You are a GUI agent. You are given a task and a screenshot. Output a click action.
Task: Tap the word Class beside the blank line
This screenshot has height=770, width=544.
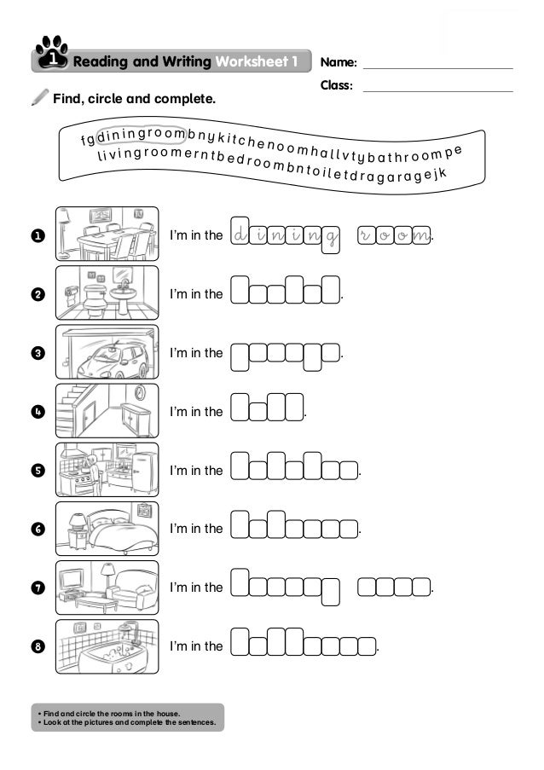click(x=337, y=85)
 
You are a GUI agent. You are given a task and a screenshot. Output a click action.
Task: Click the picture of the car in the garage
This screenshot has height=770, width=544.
click(x=107, y=352)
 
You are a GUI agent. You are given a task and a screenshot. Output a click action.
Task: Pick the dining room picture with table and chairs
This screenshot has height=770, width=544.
click(x=107, y=234)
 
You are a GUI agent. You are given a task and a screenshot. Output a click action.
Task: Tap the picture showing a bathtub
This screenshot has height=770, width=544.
click(x=107, y=646)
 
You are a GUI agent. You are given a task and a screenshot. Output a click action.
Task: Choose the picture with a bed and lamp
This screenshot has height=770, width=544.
click(x=107, y=529)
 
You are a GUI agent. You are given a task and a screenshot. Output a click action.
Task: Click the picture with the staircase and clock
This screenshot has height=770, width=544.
click(x=107, y=411)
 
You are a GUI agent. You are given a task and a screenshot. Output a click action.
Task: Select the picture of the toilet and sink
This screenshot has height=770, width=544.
click(x=107, y=293)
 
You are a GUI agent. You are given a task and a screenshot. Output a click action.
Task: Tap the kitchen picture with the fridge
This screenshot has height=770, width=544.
click(x=107, y=470)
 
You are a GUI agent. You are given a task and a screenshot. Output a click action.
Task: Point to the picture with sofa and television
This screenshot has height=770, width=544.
click(x=107, y=588)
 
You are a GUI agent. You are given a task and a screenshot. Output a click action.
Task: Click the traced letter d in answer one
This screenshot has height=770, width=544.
click(x=240, y=233)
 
